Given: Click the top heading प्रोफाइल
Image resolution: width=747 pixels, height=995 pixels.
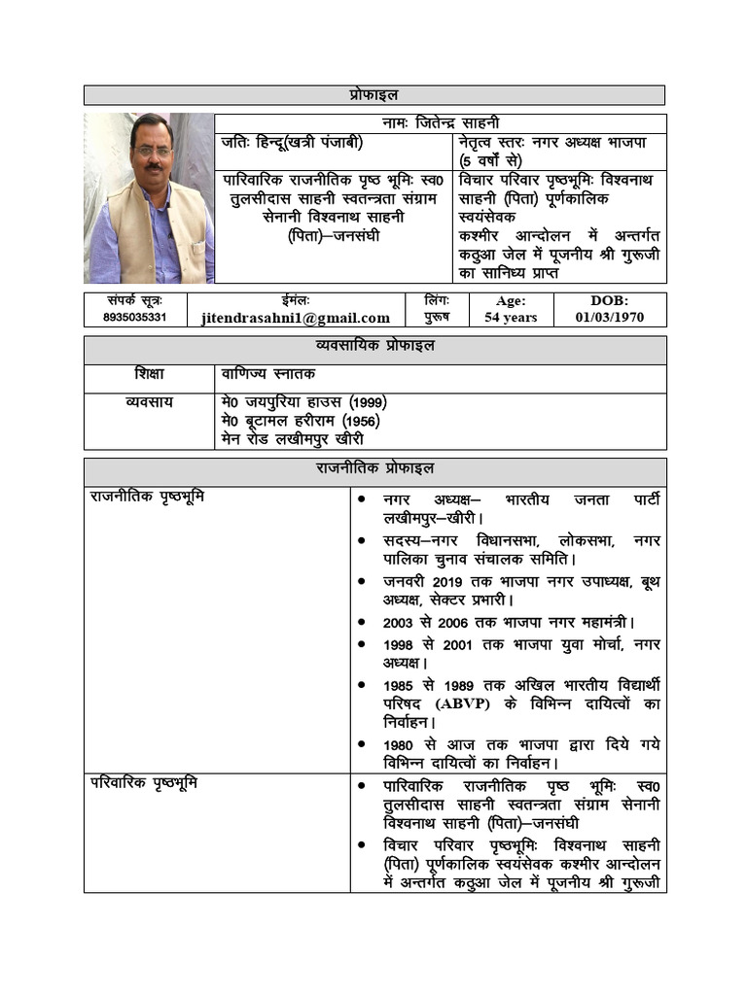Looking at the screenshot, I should (x=373, y=95).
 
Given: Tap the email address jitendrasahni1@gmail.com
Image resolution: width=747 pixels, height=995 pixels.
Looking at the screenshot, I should (x=296, y=318).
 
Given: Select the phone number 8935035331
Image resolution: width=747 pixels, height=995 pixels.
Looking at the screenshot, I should (x=135, y=318).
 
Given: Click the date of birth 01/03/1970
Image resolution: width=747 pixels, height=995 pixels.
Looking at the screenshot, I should (x=610, y=318).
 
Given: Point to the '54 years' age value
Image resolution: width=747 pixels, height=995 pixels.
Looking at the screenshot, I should (x=511, y=318).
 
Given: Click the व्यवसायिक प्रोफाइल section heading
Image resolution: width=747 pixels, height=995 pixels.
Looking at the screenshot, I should (x=374, y=347).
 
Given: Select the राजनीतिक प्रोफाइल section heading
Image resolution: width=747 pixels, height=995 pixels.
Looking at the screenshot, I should (x=374, y=469).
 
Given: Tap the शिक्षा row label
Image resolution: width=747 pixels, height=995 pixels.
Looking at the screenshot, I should (x=150, y=374).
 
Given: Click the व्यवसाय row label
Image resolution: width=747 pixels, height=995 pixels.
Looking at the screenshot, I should (x=150, y=401).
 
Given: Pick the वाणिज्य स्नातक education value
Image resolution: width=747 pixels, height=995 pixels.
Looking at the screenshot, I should (x=269, y=374).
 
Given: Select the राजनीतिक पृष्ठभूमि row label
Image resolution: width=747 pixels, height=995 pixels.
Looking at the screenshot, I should (x=147, y=497).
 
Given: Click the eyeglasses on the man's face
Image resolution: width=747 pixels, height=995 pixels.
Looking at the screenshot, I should (x=153, y=151).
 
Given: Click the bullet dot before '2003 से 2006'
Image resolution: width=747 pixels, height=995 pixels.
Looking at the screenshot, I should (x=362, y=622).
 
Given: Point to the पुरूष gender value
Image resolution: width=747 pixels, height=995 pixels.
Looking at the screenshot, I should (x=437, y=318).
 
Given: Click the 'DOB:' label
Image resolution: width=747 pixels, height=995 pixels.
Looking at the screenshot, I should (x=610, y=301).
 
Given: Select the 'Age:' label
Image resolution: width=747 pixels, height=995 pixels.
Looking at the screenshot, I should (x=511, y=301).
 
